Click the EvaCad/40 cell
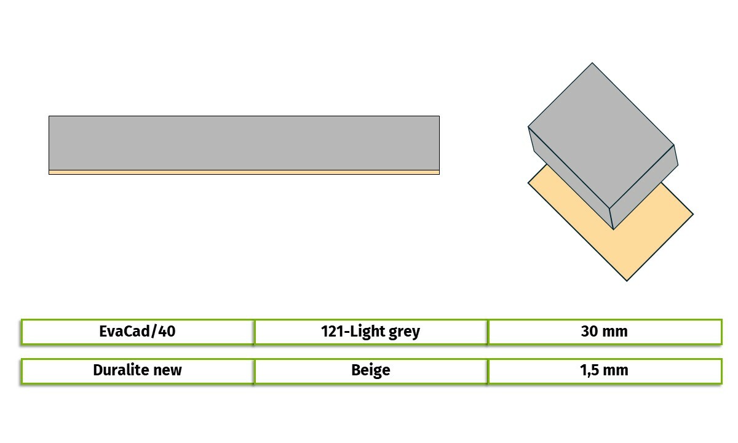[x=137, y=332]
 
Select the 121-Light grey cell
[x=371, y=332]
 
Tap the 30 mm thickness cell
[x=605, y=332]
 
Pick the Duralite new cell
[x=137, y=371]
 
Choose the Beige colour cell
[x=371, y=371]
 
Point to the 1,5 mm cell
[x=605, y=371]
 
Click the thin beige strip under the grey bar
[x=244, y=172]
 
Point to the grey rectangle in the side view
[x=244, y=143]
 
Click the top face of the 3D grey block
[x=601, y=135]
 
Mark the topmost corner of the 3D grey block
[x=592, y=63]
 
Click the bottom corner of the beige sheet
[x=627, y=281]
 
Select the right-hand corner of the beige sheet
[x=693, y=214]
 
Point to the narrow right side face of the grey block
[x=643, y=187]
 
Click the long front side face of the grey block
[x=571, y=178]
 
